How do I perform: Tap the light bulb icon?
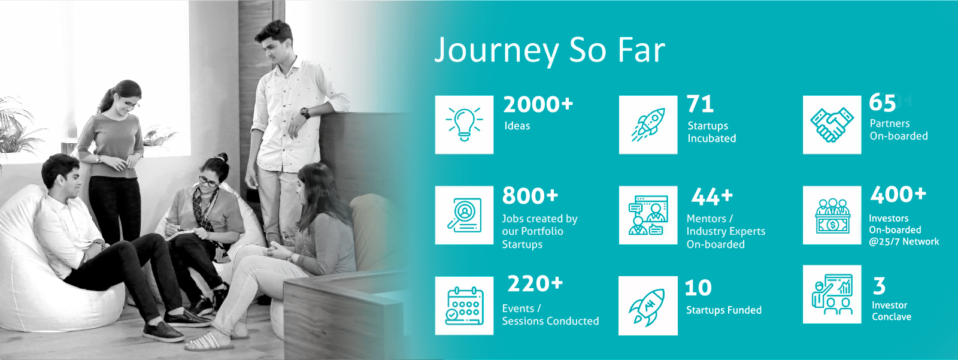coord(464,125)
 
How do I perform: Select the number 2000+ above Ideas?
coord(538,104)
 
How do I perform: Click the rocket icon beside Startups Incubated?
coord(648,125)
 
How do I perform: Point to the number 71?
coord(700,104)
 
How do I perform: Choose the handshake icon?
coord(832,125)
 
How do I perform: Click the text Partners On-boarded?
coord(899,130)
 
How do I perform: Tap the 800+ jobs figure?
coord(530,196)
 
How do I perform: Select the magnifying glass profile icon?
coord(464,215)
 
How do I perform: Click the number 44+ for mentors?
coord(712,197)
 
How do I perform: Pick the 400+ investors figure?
coord(898,194)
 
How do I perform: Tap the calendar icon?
coord(464,305)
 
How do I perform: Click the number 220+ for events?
coord(535,284)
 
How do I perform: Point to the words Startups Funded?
coord(724,310)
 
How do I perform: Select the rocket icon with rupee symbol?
coord(647,307)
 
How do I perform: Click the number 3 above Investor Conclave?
coord(879,286)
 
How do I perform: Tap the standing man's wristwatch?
coord(305,113)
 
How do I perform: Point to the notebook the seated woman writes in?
coord(180,235)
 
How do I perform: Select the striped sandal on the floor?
coord(209,342)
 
